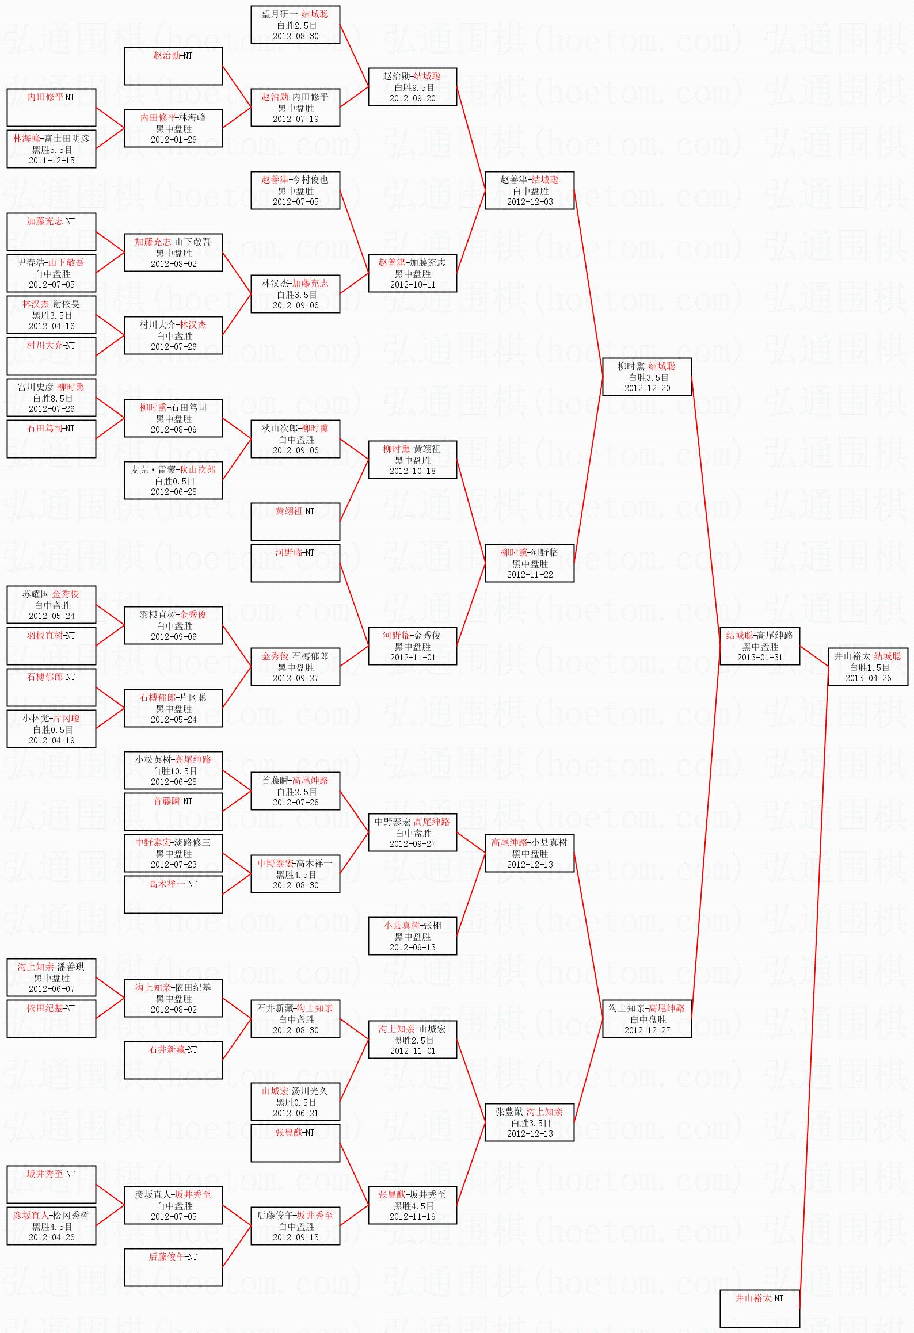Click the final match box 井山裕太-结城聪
tap(868, 666)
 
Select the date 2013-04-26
tap(868, 678)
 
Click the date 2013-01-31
tap(760, 658)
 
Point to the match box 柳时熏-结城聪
tap(647, 376)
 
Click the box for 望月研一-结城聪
tap(295, 24)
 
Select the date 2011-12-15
tap(52, 161)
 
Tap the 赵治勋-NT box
tap(173, 66)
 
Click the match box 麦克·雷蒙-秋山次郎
tap(173, 480)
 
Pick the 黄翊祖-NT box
tap(295, 521)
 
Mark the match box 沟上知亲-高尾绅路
tap(647, 1018)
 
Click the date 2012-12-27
tap(647, 1030)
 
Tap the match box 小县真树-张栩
tap(413, 935)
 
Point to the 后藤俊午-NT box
tap(173, 1267)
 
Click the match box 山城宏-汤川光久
tap(295, 1101)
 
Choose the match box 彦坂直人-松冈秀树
tap(51, 1225)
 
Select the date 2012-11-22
tap(530, 575)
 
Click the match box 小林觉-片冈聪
tap(51, 728)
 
